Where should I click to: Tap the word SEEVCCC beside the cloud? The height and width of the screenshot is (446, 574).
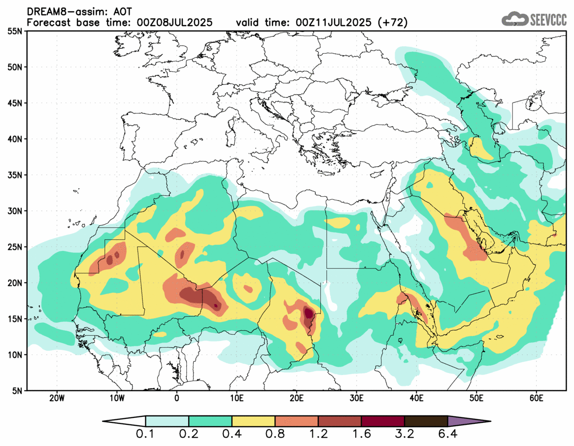click(548, 20)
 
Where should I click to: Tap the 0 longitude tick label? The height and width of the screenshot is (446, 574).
click(177, 398)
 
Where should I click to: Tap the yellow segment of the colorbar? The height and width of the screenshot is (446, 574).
click(253, 421)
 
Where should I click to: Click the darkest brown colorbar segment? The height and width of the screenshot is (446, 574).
click(426, 421)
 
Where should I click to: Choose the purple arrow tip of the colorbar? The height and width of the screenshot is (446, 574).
click(468, 421)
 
